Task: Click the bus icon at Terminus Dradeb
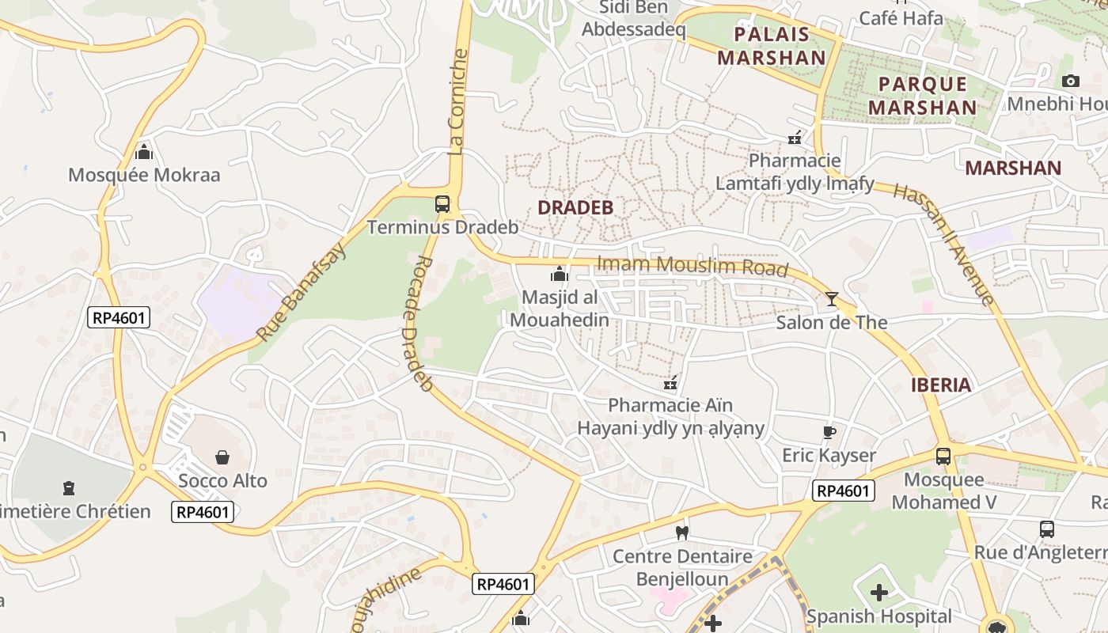click(x=442, y=204)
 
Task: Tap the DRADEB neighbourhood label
click(x=575, y=207)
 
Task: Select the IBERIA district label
click(x=940, y=385)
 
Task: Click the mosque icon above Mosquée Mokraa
click(x=143, y=151)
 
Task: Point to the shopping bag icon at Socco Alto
click(x=222, y=457)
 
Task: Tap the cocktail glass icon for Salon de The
click(x=831, y=298)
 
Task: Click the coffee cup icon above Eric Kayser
click(x=829, y=432)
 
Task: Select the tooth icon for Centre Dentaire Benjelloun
click(x=681, y=533)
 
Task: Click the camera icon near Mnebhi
click(x=1070, y=81)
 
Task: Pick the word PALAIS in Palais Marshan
click(x=772, y=34)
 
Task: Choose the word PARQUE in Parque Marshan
click(x=923, y=84)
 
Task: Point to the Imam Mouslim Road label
click(x=692, y=266)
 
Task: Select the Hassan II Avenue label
click(x=943, y=244)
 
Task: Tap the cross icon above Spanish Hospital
click(x=879, y=592)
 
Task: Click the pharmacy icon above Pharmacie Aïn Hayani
click(x=670, y=383)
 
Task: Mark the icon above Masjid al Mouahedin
click(x=560, y=275)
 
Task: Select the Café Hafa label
click(x=901, y=17)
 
